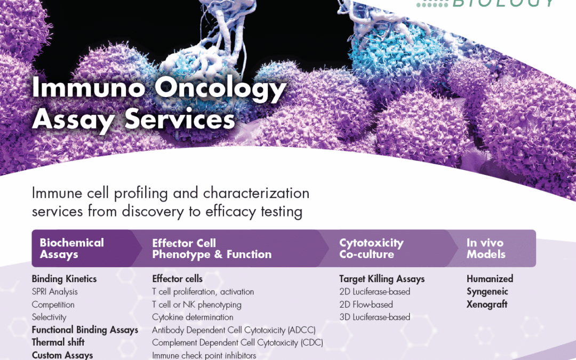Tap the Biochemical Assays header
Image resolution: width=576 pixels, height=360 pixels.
click(71, 249)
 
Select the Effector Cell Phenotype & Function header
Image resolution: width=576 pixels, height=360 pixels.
click(212, 249)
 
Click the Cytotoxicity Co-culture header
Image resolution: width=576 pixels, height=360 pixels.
click(371, 249)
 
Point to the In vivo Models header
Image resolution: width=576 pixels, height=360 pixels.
click(486, 249)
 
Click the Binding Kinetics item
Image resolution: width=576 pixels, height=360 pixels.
click(64, 279)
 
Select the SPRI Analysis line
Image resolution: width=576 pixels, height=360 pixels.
click(54, 292)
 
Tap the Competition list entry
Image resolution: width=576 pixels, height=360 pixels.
click(53, 305)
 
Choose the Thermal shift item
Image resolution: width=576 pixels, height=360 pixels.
click(58, 342)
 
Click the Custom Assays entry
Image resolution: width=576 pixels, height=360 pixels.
click(62, 355)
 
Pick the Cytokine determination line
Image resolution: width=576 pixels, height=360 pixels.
click(193, 317)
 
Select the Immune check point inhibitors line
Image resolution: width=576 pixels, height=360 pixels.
click(204, 355)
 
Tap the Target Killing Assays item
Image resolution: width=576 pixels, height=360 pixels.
click(382, 279)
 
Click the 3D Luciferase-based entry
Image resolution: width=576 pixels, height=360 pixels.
click(374, 317)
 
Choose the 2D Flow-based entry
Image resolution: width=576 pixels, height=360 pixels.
click(366, 305)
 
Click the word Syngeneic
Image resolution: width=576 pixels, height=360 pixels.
click(487, 292)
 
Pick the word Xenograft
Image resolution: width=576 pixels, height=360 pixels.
click(487, 305)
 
